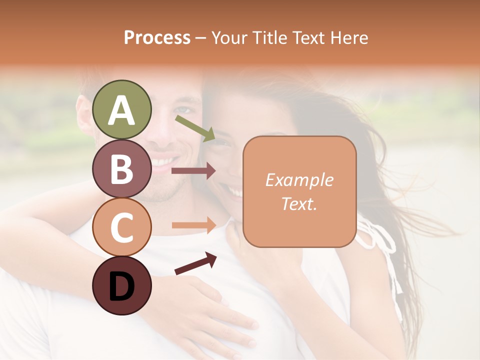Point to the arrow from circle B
coord(193,171)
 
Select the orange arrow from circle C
coord(193,225)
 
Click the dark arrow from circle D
coord(195,263)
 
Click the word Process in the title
coord(157,37)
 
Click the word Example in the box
coord(299,180)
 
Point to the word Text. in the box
coord(299,204)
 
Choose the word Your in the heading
coord(228,37)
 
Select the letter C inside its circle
coord(121,227)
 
